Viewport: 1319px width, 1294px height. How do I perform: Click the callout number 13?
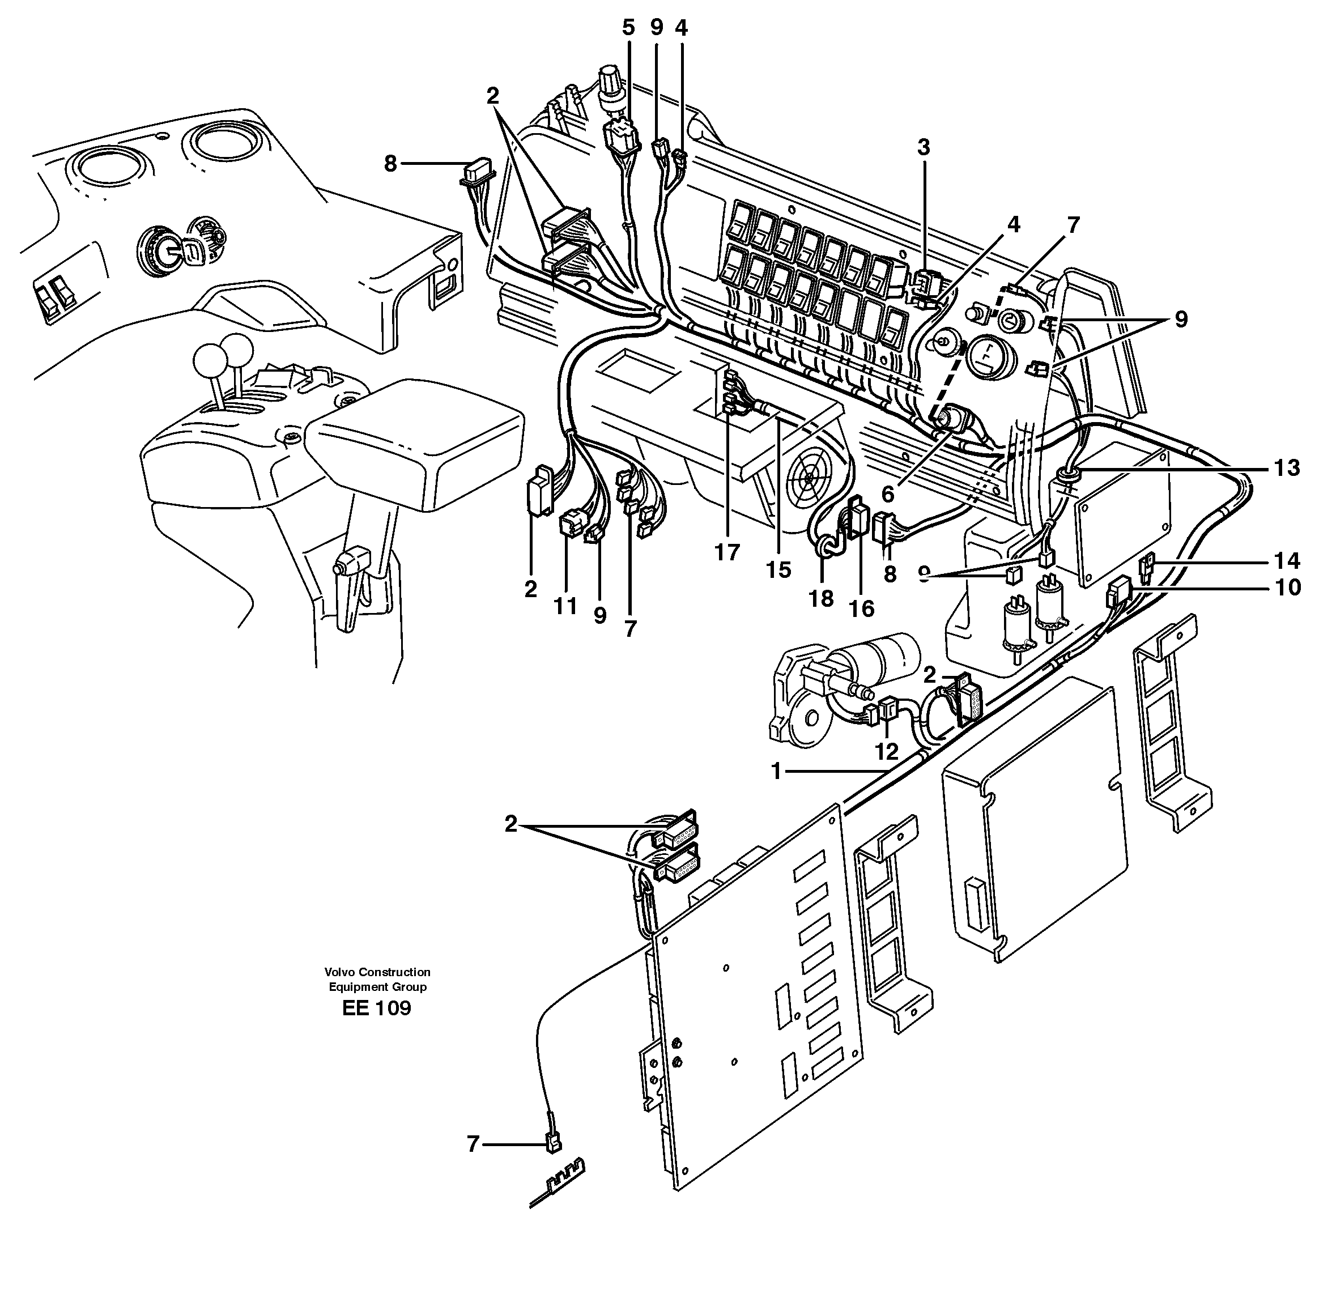(1286, 469)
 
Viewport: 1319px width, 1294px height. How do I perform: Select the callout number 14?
(1286, 561)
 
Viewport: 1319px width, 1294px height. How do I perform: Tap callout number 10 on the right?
(1286, 587)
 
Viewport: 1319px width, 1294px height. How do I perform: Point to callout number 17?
(726, 552)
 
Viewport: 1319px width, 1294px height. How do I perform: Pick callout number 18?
(821, 599)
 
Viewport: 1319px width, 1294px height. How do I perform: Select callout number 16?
(862, 608)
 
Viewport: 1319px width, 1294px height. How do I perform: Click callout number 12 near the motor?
(887, 751)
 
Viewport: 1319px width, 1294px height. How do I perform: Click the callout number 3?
(923, 147)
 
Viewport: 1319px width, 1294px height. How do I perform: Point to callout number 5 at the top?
(628, 28)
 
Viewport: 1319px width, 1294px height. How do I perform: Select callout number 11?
(565, 606)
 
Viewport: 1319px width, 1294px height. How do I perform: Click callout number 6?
(887, 495)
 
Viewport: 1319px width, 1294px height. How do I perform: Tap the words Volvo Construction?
(377, 972)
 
